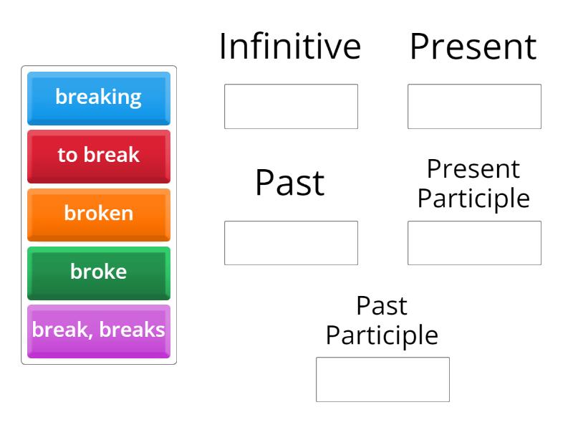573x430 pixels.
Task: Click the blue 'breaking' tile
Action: (99, 97)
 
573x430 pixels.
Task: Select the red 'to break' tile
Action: (99, 156)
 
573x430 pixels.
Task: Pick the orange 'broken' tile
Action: (99, 214)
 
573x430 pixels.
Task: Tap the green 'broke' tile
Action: (99, 272)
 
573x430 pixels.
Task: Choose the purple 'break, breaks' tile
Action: (99, 330)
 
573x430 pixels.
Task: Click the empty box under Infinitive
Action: (291, 107)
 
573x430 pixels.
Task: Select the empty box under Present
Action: (474, 107)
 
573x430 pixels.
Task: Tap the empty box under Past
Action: (291, 243)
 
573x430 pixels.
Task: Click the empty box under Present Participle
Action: (474, 243)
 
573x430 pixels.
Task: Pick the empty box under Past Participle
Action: (382, 379)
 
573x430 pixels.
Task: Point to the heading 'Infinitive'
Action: (290, 47)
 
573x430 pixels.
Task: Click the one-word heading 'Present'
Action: (473, 47)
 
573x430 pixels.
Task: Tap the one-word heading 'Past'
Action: (290, 183)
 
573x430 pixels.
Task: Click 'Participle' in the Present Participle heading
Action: (473, 199)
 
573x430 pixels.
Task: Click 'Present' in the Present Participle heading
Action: (473, 170)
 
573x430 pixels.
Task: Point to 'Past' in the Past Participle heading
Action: (382, 306)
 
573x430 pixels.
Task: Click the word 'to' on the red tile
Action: (67, 156)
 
